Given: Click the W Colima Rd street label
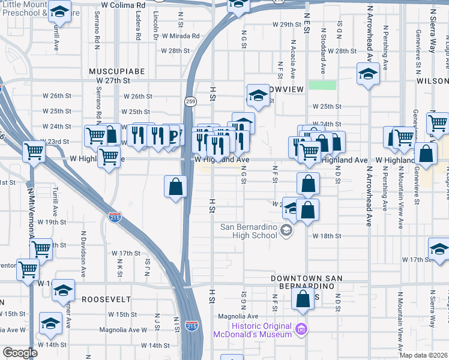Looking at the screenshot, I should (x=124, y=5).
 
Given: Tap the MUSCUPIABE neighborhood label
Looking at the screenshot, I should (x=117, y=71).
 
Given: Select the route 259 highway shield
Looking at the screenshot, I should (x=190, y=101).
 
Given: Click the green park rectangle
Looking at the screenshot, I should (x=322, y=85).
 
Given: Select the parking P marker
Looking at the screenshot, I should (x=173, y=135).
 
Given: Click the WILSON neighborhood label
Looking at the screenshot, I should (x=435, y=80).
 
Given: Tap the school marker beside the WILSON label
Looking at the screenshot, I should (x=367, y=75).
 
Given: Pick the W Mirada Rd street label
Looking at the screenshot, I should (x=176, y=36).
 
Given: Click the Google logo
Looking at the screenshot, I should (x=20, y=353).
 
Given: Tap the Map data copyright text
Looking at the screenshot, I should (x=424, y=355).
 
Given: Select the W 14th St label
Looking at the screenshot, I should (x=151, y=346).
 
